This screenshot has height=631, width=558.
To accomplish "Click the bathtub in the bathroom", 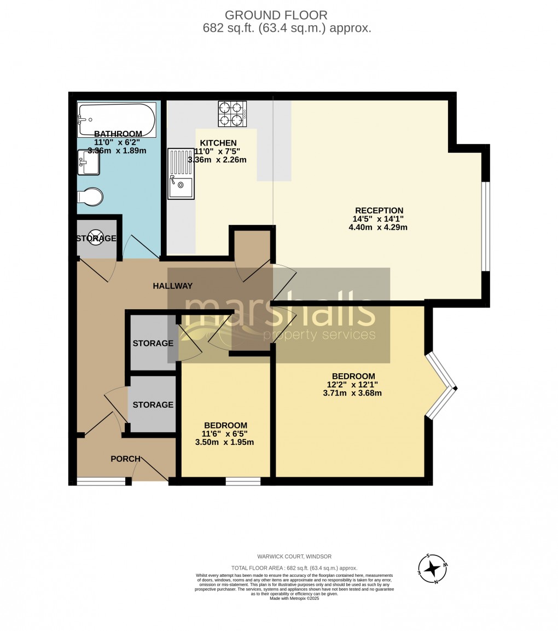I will click(117, 119).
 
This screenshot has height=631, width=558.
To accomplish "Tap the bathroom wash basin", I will click(89, 163).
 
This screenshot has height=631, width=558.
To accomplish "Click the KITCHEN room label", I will click(218, 143).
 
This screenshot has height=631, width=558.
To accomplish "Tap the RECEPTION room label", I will click(379, 210).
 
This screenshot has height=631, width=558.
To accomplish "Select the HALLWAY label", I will click(172, 286).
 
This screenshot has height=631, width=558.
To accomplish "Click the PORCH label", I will click(125, 459).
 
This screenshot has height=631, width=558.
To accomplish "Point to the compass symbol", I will click(433, 569).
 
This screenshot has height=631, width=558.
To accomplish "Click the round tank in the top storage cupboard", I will click(96, 239).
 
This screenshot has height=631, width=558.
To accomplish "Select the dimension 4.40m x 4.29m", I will click(378, 227).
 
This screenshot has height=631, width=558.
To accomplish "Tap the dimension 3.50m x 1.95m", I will click(224, 442).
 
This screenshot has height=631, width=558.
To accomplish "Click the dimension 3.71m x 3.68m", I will click(352, 392).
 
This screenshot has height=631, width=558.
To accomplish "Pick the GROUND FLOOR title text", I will click(276, 15).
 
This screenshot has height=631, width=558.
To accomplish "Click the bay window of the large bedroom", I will click(441, 387).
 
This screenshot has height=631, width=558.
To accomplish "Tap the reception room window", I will click(485, 226).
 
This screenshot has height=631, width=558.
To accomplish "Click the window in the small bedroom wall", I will click(243, 482).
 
